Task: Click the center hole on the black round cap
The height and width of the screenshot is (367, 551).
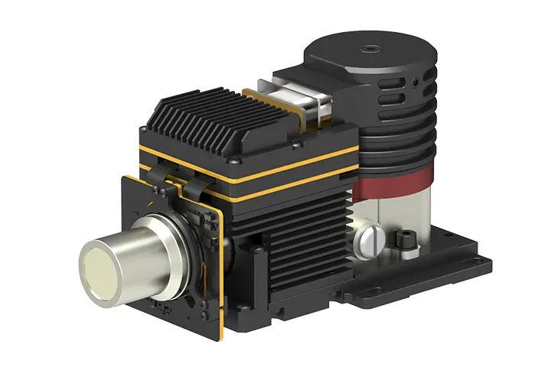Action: tap(370, 47)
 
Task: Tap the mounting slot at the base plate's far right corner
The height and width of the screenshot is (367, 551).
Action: tap(481, 261)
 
